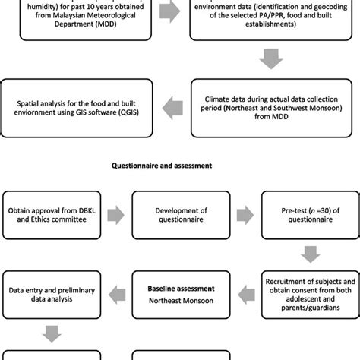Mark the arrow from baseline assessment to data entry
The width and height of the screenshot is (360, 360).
[x=115, y=292]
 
